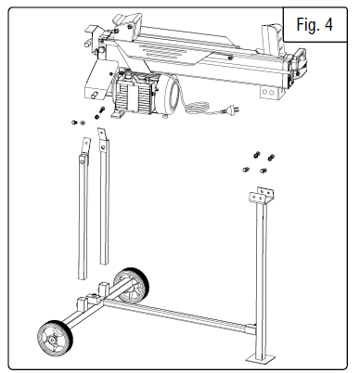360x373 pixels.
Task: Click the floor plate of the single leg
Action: (x=261, y=358)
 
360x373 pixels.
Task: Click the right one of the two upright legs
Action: (x=105, y=209)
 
